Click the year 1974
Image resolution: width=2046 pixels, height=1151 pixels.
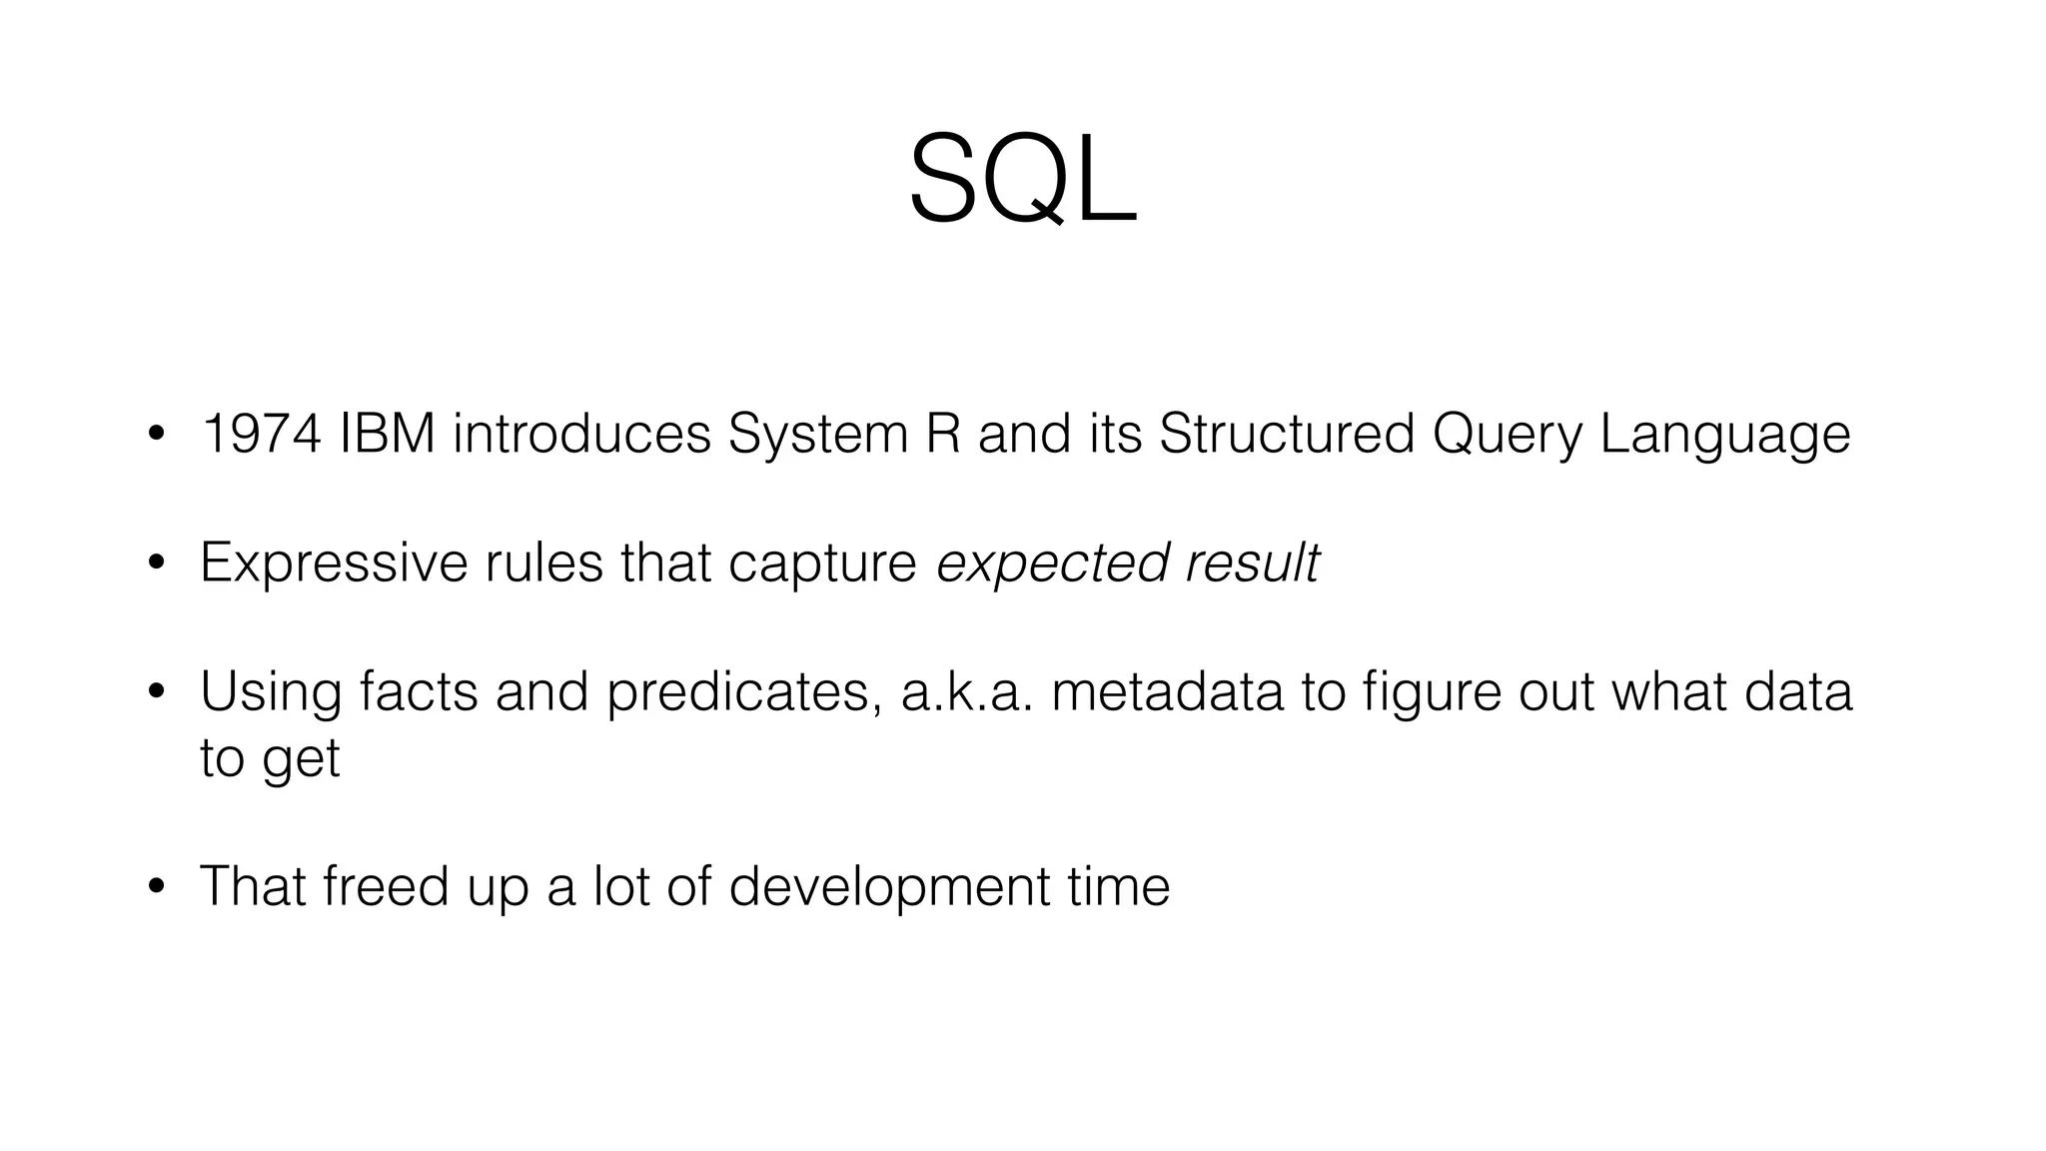[x=261, y=434]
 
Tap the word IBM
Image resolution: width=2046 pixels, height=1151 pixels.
[x=388, y=434]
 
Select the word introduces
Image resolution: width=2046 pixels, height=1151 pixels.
[x=581, y=434]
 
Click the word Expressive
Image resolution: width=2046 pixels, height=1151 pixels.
[x=334, y=564]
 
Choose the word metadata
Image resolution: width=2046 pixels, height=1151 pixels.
[x=1167, y=692]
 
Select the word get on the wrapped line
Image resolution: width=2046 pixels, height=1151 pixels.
[x=301, y=760]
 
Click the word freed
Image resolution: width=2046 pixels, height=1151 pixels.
[x=386, y=886]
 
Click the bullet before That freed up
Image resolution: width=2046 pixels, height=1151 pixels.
[x=155, y=888]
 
